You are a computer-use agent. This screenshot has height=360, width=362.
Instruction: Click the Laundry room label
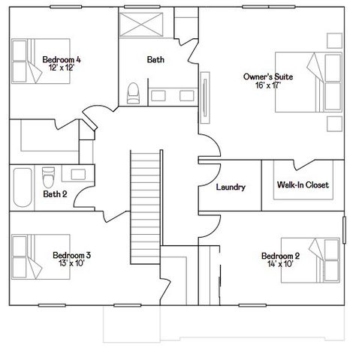(230, 187)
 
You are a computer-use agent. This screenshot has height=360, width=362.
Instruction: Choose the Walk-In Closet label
(303, 184)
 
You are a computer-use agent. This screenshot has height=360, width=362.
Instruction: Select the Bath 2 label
(54, 194)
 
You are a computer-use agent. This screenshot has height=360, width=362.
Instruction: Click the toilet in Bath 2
(48, 177)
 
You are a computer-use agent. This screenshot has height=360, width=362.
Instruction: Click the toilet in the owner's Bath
(134, 92)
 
